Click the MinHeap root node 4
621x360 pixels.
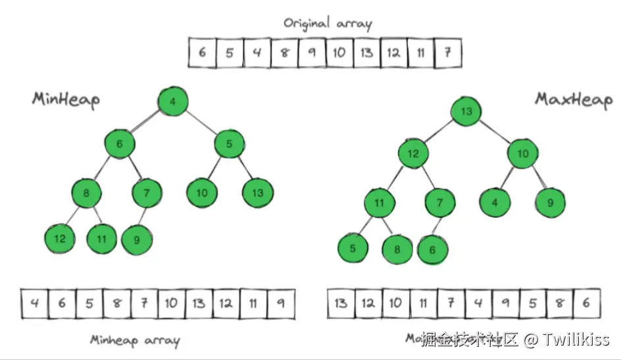pos(173,101)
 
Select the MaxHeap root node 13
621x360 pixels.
pos(466,111)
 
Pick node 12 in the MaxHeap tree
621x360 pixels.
pos(413,154)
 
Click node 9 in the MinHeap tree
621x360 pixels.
pos(137,240)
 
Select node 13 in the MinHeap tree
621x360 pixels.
pos(258,193)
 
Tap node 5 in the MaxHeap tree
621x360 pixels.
pos(353,249)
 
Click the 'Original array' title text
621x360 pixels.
pos(328,24)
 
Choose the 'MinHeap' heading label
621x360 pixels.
pos(66,99)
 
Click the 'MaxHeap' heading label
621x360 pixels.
pos(573,99)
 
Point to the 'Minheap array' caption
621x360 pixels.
pos(134,340)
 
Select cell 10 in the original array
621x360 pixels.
pos(339,53)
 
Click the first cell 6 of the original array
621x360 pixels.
pos(202,53)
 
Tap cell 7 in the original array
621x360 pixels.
pos(447,53)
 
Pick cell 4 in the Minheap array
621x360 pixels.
pos(34,303)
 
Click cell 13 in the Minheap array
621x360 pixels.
pos(199,303)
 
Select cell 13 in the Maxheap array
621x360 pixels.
pos(341,303)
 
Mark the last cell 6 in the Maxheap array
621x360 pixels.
pos(586,303)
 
